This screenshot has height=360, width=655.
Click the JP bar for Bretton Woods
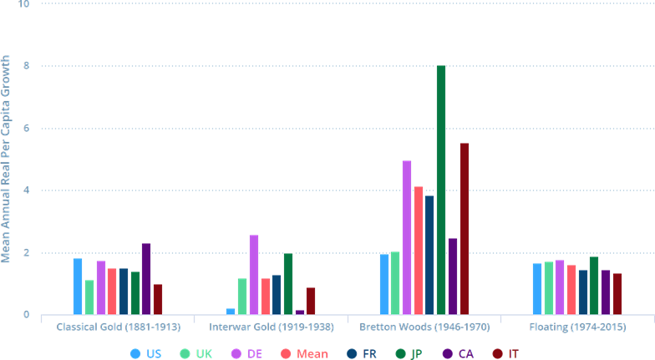[441, 190]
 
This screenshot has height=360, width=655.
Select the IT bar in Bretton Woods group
[465, 229]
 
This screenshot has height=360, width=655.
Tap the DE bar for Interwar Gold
[254, 275]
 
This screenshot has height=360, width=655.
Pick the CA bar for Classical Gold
[146, 279]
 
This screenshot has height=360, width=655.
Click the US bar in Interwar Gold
[231, 312]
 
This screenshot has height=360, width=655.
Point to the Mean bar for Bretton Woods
[419, 251]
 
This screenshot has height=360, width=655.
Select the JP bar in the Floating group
[594, 286]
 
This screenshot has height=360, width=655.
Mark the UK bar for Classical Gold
[89, 297]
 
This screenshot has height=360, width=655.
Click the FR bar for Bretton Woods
[429, 255]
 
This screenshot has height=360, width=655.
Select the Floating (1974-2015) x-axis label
[576, 326]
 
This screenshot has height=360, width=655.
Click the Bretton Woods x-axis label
[424, 326]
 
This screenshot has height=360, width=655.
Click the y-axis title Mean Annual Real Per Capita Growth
[7, 159]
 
